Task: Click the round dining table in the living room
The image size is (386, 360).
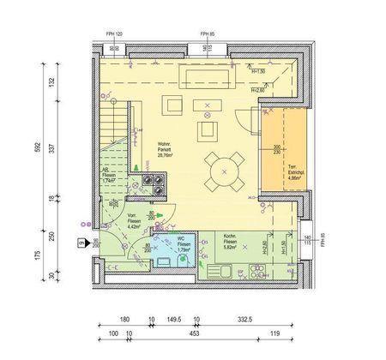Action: click(x=225, y=170)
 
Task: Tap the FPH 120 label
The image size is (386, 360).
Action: click(x=117, y=34)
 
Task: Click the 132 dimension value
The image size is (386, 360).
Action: click(x=52, y=82)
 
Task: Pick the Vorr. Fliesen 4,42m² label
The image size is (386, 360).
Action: click(x=134, y=221)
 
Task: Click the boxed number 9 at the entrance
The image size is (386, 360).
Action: click(x=81, y=244)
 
